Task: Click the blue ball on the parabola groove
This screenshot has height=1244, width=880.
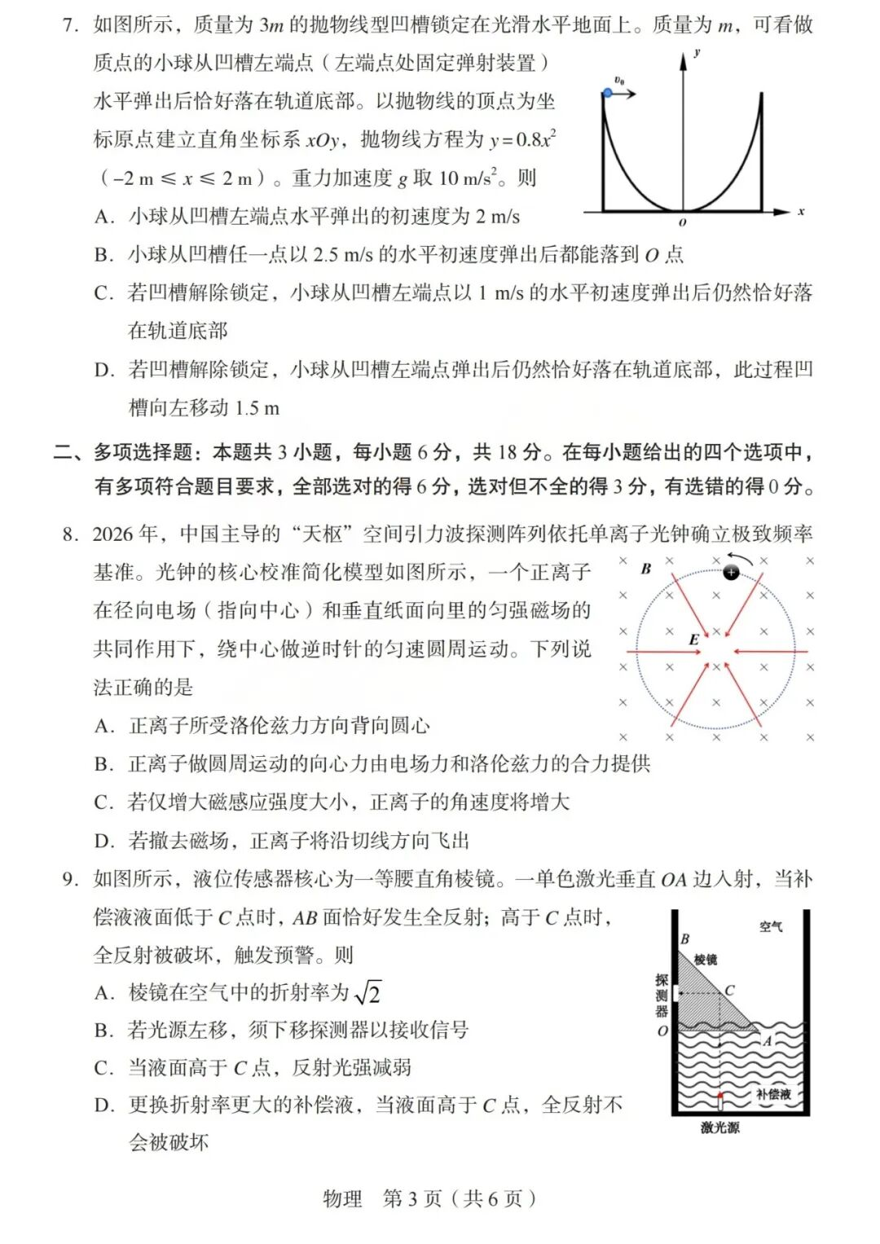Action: click(607, 94)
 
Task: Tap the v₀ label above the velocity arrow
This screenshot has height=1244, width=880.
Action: click(619, 80)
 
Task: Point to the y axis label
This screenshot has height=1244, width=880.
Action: click(697, 53)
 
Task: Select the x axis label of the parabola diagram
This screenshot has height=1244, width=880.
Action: click(801, 211)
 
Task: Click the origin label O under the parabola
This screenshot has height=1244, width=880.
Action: click(682, 222)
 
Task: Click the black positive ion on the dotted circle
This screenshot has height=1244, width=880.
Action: click(731, 573)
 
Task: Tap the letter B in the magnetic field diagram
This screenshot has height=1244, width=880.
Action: click(645, 569)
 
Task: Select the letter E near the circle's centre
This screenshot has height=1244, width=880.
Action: click(693, 640)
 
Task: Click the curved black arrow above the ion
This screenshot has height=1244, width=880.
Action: click(740, 558)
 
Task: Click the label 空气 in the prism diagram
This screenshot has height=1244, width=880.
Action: click(771, 926)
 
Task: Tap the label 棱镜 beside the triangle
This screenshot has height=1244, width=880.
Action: click(706, 960)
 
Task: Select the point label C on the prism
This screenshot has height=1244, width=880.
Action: click(729, 991)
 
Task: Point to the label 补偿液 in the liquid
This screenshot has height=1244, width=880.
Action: click(773, 1094)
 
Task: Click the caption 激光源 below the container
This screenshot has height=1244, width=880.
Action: click(719, 1128)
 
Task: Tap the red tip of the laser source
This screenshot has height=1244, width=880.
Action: click(719, 1096)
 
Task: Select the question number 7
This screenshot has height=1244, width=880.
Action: click(71, 24)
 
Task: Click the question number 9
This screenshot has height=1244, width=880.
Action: click(71, 878)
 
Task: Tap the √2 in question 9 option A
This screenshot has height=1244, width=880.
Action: click(367, 992)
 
